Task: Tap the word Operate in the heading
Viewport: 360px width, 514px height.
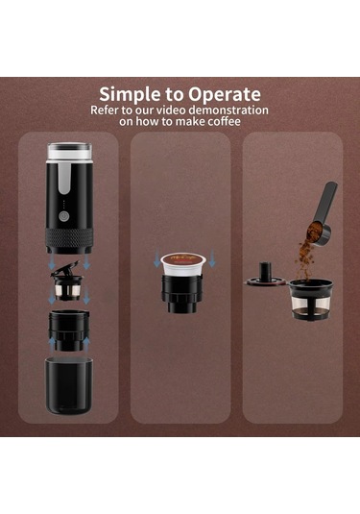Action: (225, 95)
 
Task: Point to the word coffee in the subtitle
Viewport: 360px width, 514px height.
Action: (224, 121)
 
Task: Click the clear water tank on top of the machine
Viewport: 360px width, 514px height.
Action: (69, 152)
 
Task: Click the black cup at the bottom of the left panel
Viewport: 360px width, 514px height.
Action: (69, 385)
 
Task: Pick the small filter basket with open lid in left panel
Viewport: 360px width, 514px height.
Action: (67, 282)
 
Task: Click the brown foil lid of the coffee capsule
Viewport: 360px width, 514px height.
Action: (183, 259)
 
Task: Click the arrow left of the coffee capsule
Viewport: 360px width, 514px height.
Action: (156, 258)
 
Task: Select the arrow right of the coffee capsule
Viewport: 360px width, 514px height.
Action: (212, 258)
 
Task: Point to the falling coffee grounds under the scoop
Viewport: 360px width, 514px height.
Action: (304, 261)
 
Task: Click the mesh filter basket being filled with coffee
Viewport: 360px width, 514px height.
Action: (310, 299)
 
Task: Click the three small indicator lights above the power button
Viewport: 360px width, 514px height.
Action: (64, 204)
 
